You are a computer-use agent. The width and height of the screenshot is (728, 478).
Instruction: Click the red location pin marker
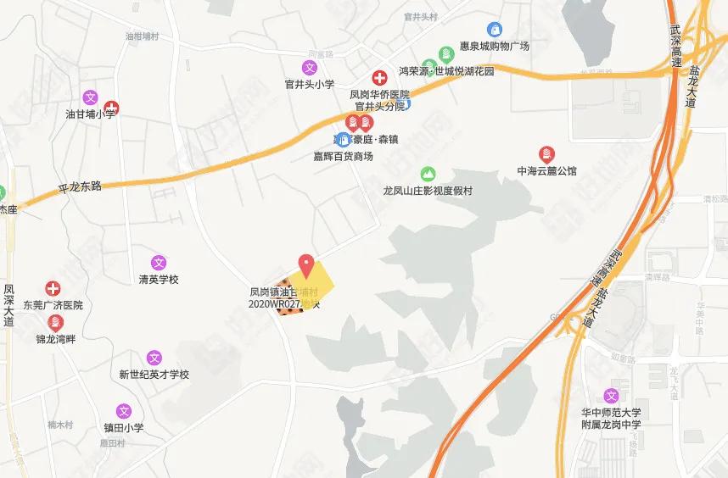pyautogui.click(x=306, y=263)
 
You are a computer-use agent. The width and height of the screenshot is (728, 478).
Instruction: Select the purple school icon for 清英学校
pyautogui.click(x=159, y=263)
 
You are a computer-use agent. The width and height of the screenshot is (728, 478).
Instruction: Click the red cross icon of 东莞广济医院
pyautogui.click(x=53, y=289)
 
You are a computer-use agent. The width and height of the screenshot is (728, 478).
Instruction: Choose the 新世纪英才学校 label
pyautogui.click(x=154, y=374)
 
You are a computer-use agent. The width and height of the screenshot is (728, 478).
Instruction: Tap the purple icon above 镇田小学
pyautogui.click(x=124, y=411)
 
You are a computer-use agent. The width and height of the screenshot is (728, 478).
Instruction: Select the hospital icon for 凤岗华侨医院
pyautogui.click(x=380, y=78)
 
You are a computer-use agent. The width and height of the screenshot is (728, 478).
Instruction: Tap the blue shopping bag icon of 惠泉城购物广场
pyautogui.click(x=493, y=30)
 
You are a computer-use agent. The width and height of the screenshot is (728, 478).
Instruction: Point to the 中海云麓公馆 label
pyautogui.click(x=546, y=170)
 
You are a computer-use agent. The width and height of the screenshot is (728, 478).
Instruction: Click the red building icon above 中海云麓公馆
pyautogui.click(x=546, y=153)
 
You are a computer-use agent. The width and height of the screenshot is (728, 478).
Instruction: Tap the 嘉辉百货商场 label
pyautogui.click(x=343, y=156)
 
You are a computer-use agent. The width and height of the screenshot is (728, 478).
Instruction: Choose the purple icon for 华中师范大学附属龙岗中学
pyautogui.click(x=611, y=395)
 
